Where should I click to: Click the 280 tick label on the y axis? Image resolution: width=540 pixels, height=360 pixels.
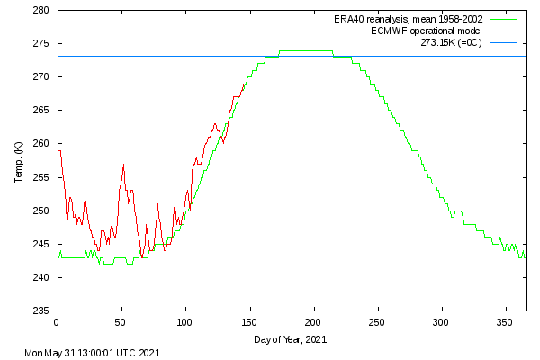click(41, 10)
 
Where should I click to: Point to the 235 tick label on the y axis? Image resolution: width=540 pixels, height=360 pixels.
click(41, 310)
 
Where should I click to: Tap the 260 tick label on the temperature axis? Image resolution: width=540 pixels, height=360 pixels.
click(41, 144)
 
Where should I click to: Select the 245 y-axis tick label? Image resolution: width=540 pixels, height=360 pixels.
click(41, 244)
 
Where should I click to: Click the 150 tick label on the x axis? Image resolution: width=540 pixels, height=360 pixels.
click(249, 323)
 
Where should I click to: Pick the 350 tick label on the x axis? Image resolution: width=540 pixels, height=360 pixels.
click(505, 323)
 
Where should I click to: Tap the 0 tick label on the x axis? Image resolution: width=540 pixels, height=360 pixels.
click(57, 323)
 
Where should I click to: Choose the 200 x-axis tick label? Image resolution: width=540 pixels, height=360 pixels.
click(313, 323)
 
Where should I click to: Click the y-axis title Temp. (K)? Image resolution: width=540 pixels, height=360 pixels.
click(18, 162)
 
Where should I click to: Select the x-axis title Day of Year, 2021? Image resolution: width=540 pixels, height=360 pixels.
click(291, 339)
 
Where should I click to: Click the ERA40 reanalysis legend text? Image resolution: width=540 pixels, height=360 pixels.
click(408, 19)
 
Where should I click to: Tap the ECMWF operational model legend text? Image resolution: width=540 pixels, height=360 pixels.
click(427, 31)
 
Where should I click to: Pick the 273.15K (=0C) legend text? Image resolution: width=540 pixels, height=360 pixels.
click(451, 42)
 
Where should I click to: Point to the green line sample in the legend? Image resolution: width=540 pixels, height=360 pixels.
click(503, 19)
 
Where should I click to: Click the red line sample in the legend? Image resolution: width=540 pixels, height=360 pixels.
click(503, 31)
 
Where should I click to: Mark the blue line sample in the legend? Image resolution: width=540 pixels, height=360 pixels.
click(503, 42)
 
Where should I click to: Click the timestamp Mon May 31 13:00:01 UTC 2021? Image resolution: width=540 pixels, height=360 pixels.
click(93, 353)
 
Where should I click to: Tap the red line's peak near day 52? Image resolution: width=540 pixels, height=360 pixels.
click(123, 165)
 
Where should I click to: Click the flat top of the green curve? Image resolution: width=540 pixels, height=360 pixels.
click(306, 51)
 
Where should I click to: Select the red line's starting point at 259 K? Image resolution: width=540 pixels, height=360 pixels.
click(59, 150)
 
